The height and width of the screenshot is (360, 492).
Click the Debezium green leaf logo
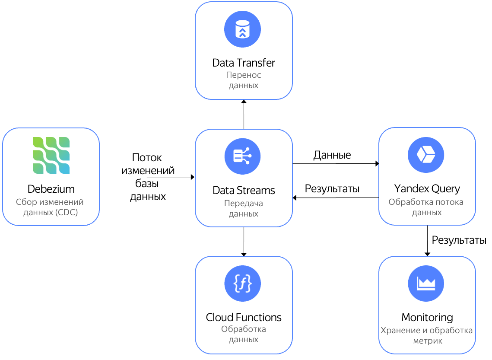click(51, 155)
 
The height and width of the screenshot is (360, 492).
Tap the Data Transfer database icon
click(243, 29)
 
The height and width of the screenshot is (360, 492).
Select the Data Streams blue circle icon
click(243, 156)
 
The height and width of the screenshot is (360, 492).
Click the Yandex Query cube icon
click(426, 154)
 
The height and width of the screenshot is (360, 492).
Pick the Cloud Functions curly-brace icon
click(243, 284)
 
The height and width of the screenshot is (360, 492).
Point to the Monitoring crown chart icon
click(426, 284)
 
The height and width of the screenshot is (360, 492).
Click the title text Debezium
click(51, 189)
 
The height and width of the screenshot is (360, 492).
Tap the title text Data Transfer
click(244, 63)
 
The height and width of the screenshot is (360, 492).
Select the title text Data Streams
click(244, 190)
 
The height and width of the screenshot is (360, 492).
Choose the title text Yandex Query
click(427, 189)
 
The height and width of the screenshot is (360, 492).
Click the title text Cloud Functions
click(244, 317)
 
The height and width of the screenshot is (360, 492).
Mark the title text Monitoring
click(427, 318)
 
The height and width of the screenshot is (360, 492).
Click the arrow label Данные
click(332, 155)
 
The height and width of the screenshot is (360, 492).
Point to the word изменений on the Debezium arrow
click(148, 170)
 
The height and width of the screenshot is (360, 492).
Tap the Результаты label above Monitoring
click(459, 240)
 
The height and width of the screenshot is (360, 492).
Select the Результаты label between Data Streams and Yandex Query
click(332, 189)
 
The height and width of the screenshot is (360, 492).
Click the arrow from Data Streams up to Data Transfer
click(244, 115)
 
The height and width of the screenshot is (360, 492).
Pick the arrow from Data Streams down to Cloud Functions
click(244, 241)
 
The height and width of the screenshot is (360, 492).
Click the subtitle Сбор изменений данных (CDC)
click(50, 207)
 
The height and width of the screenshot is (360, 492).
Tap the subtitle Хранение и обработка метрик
click(427, 336)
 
